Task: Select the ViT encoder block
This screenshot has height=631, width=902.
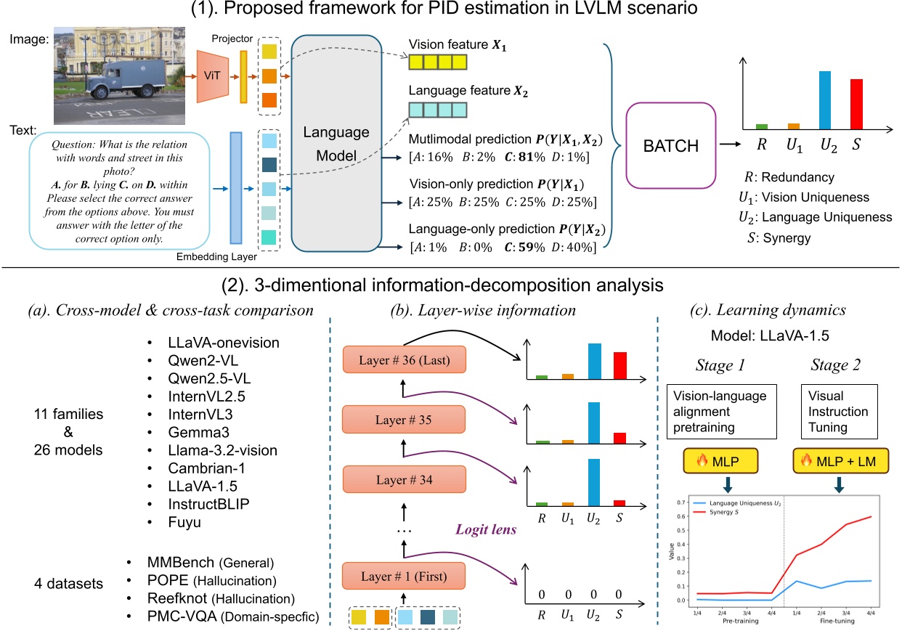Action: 212,78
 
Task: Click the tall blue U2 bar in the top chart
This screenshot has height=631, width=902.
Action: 825,100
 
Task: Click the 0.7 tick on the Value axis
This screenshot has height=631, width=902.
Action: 680,502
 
